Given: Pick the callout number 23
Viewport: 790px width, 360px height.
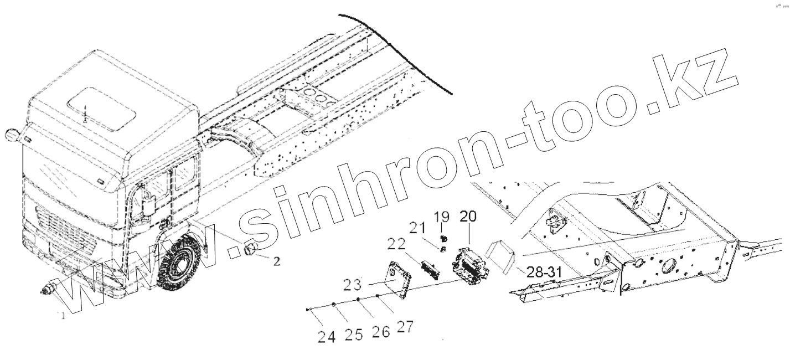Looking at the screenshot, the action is coord(353,285).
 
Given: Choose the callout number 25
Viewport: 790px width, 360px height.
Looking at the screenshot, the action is coord(354,335).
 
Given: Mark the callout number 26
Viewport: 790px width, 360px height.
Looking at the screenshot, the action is coord(381,331).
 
